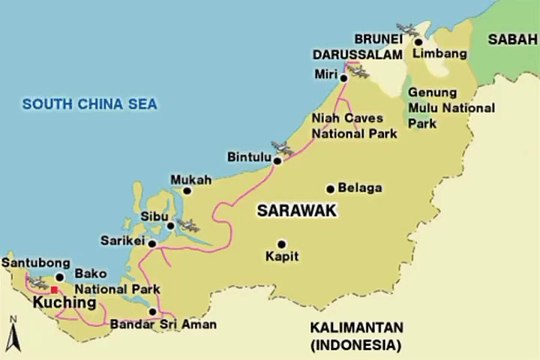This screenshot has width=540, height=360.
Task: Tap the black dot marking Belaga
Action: [x=330, y=188]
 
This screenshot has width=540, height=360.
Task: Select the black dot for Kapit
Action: [x=281, y=243]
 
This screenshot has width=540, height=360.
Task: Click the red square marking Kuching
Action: [x=54, y=288]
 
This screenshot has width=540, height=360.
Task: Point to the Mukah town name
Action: [x=191, y=180]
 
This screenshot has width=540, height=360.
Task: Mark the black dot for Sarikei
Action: [x=152, y=242]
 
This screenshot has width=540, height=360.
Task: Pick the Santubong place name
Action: [x=33, y=262]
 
